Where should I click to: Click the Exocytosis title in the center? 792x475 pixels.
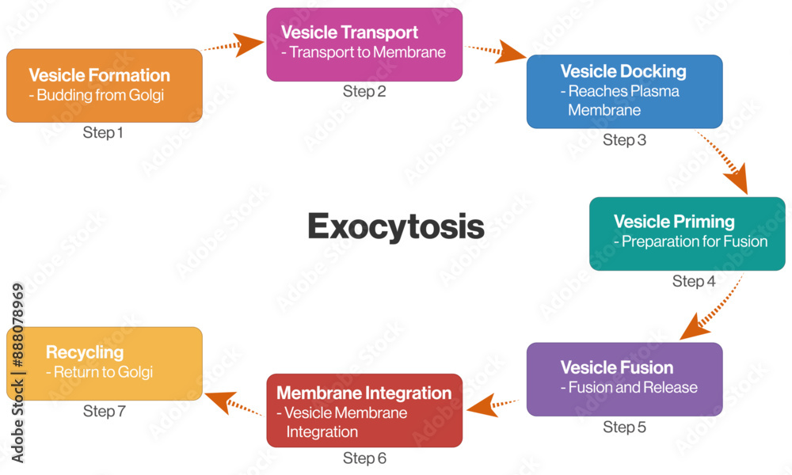tap(395, 226)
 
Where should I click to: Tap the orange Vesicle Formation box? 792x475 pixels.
tap(104, 85)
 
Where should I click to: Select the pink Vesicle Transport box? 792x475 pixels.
tap(364, 44)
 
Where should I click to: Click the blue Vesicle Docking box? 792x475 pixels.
tap(624, 91)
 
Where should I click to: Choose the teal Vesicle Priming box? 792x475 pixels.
tap(687, 234)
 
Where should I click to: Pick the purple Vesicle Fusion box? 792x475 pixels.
tap(624, 378)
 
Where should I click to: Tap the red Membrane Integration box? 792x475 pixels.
tap(364, 410)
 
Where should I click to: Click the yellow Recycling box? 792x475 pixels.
tap(104, 363)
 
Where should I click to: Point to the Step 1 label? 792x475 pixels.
tap(103, 132)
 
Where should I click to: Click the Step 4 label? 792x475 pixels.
tap(694, 281)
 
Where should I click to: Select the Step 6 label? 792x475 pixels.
tap(364, 458)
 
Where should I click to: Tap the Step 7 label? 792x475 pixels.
tap(104, 411)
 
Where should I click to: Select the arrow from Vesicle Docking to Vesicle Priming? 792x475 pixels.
tap(725, 163)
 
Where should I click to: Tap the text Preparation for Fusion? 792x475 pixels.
tap(691, 241)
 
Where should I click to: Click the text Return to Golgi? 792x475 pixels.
tap(99, 371)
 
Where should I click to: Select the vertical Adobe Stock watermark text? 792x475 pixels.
tap(17, 372)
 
